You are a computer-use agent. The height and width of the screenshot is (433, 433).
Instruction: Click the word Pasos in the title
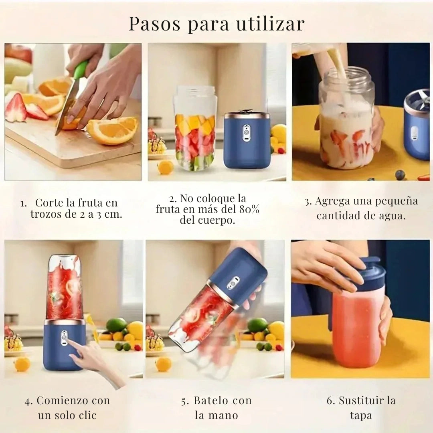click(155, 24)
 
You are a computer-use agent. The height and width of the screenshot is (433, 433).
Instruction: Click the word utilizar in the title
click(271, 24)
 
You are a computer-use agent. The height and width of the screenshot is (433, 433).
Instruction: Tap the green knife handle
click(81, 69)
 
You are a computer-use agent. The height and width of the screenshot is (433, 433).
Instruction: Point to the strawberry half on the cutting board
click(16, 108)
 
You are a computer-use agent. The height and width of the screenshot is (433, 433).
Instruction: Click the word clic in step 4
click(87, 415)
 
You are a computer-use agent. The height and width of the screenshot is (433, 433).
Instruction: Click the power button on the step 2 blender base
click(245, 133)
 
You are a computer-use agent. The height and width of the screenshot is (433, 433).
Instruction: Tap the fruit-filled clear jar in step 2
click(195, 128)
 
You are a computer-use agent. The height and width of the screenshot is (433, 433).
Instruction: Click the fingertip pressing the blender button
click(68, 341)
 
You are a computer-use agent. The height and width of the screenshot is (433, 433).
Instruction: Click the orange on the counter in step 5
click(163, 364)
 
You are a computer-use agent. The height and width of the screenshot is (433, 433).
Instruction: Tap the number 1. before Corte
click(24, 204)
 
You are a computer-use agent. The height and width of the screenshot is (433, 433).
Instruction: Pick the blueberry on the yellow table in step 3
click(400, 174)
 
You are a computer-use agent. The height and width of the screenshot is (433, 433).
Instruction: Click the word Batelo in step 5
click(211, 401)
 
